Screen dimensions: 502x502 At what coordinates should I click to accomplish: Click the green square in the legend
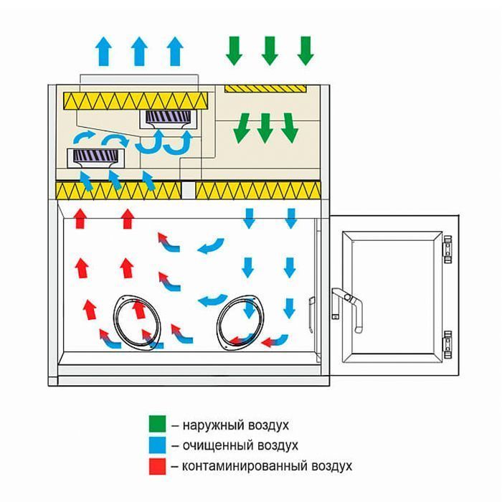158,424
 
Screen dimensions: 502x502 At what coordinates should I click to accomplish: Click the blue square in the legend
158,445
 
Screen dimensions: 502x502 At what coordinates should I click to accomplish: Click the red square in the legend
158,466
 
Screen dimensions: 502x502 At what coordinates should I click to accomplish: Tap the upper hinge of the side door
447,249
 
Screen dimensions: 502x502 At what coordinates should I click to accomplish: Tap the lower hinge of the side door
447,344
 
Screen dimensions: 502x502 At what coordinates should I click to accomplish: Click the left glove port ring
137,321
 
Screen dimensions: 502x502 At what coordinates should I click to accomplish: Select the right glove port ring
240,321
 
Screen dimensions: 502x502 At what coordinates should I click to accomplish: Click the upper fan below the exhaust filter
169,120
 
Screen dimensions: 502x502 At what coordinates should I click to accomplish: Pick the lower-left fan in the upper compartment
95,158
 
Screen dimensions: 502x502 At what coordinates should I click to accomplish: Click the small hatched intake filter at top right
265,88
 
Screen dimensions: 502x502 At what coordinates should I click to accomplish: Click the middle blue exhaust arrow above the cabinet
139,51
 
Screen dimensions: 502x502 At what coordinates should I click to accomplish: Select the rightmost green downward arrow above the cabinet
306,51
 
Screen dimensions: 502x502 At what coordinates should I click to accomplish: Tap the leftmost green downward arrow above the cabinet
235,51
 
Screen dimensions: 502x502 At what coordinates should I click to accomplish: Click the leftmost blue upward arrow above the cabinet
104,51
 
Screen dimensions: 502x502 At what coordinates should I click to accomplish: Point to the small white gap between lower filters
188,190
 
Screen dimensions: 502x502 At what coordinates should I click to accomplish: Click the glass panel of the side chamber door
392,297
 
